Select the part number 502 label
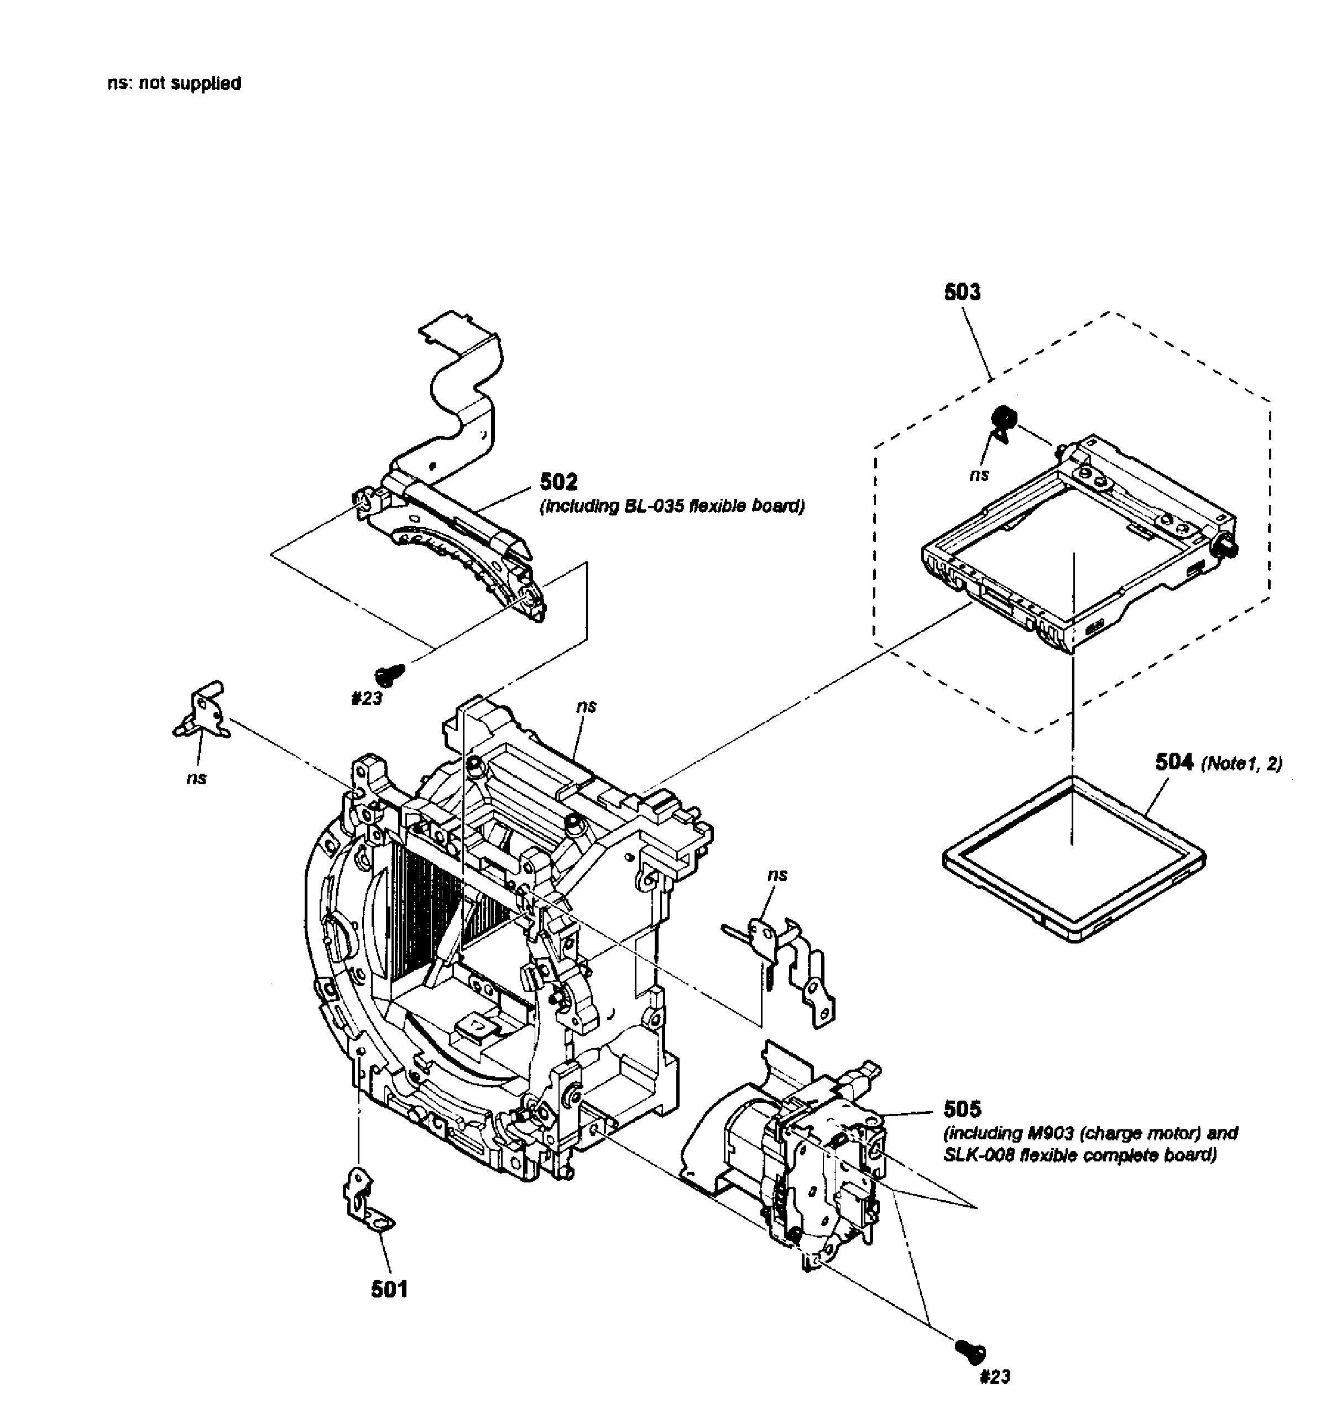point(558,482)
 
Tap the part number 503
point(962,292)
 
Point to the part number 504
point(1174,762)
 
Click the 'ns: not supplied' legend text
point(174,84)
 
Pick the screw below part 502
point(390,673)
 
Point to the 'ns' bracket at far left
point(202,712)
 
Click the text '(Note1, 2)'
point(1241,764)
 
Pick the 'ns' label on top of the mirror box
point(586,706)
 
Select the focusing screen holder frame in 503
point(1076,545)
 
